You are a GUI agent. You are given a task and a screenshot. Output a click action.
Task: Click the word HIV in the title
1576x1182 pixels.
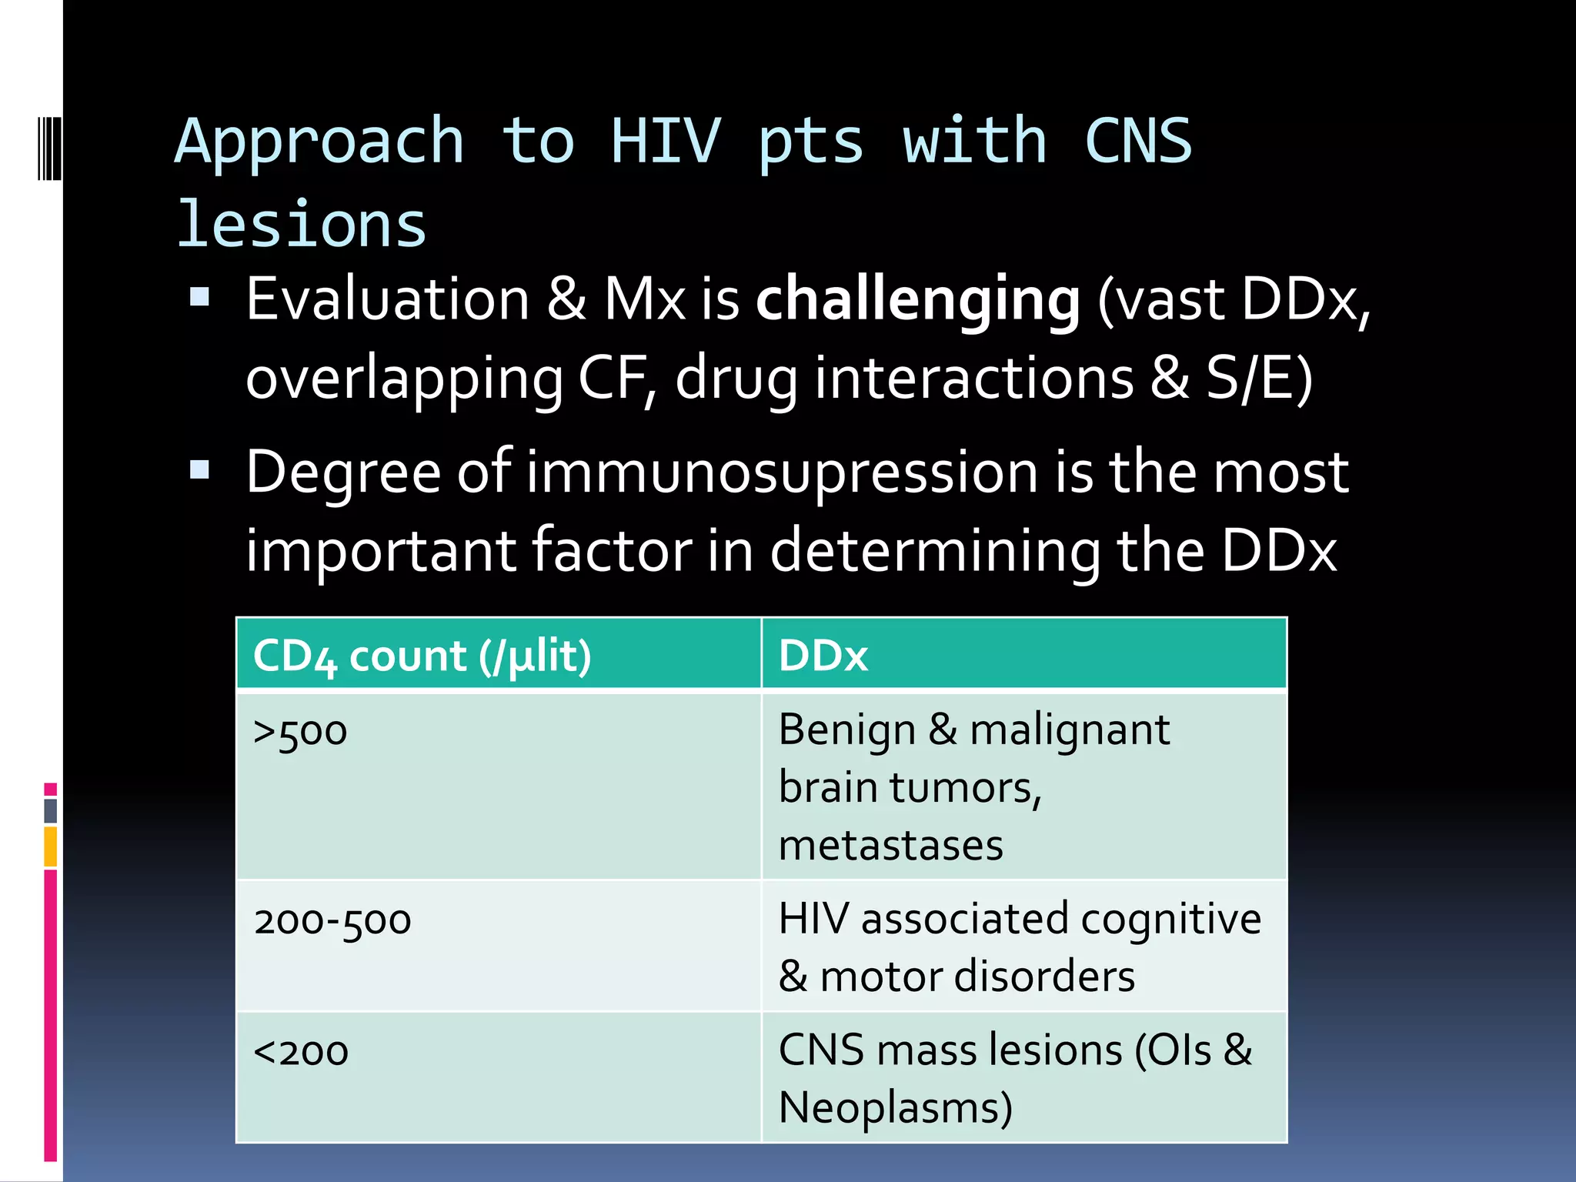point(666,142)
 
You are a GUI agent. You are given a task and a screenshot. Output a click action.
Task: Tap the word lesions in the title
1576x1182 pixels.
point(302,225)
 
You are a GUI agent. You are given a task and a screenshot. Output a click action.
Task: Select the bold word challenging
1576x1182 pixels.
point(918,300)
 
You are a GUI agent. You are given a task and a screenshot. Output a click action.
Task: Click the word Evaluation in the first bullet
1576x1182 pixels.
point(387,299)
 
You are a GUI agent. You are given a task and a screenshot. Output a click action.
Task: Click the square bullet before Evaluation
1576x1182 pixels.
point(200,297)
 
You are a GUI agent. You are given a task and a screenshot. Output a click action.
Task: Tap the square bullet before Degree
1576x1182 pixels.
point(200,469)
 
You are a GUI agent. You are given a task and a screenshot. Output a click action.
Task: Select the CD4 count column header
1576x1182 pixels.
point(422,656)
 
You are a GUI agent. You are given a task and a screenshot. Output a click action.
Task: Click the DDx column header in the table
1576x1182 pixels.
point(823,656)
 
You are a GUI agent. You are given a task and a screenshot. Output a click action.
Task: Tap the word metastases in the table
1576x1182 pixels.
point(890,845)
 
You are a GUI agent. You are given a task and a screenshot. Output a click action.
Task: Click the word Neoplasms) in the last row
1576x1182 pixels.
point(895,1108)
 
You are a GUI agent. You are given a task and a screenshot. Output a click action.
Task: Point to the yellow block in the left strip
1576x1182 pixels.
point(50,846)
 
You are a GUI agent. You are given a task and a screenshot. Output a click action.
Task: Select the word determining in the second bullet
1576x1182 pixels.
point(935,551)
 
